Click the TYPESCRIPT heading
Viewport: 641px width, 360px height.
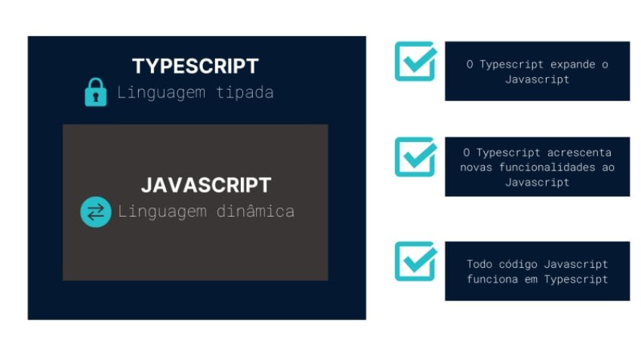pyautogui.click(x=195, y=66)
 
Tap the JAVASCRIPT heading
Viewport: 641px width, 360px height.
pyautogui.click(x=205, y=185)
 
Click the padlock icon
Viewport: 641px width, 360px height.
pyautogui.click(x=96, y=92)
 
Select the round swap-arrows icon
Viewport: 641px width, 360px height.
pyautogui.click(x=96, y=212)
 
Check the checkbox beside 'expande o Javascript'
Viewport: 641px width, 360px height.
pyautogui.click(x=415, y=61)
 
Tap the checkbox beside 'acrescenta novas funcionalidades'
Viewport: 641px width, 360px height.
pyautogui.click(x=415, y=156)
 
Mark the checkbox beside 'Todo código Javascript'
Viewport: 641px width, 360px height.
pyautogui.click(x=415, y=260)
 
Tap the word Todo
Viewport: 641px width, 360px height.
pyautogui.click(x=479, y=264)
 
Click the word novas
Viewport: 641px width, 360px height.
pyautogui.click(x=476, y=166)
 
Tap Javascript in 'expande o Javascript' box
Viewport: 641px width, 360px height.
pyautogui.click(x=537, y=79)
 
